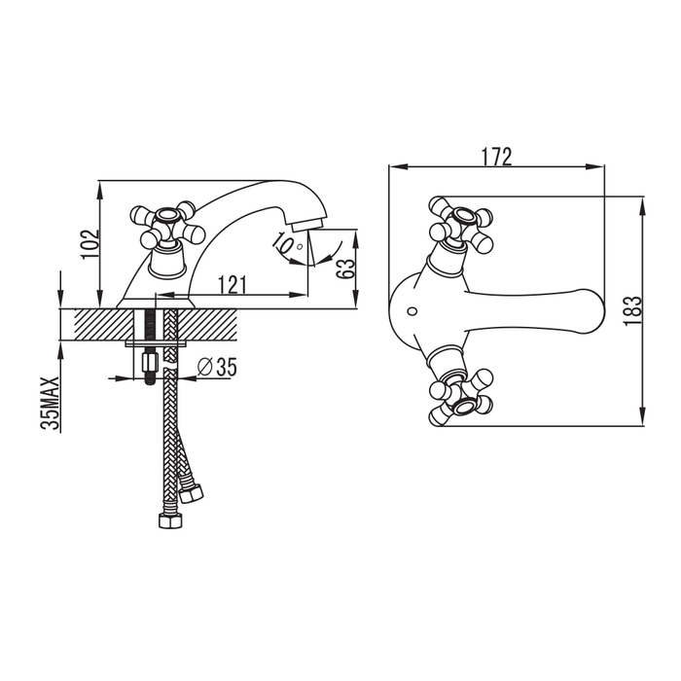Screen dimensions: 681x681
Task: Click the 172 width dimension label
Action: [496, 157]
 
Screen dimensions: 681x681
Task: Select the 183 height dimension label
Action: [632, 311]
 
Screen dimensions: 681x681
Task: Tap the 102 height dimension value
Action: [90, 244]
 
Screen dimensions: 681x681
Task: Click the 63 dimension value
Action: [345, 269]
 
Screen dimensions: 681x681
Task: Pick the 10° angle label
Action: [287, 245]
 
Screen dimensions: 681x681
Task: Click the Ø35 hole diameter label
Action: [217, 368]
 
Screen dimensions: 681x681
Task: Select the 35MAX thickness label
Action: [50, 404]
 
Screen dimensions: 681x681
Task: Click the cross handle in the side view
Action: [166, 226]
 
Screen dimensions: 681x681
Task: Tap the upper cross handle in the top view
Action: [460, 224]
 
